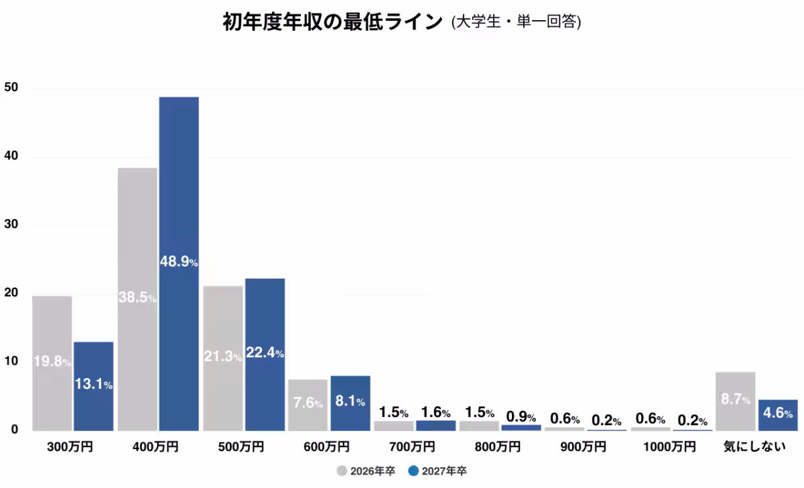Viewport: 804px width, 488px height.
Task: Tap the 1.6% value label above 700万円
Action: pyautogui.click(x=435, y=413)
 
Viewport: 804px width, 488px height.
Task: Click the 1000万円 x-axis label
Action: pyautogui.click(x=673, y=447)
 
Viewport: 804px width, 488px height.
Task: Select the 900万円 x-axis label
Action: pyautogui.click(x=584, y=447)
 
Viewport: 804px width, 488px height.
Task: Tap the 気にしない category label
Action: pyautogui.click(x=754, y=447)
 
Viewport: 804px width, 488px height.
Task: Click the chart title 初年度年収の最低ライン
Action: pyautogui.click(x=332, y=22)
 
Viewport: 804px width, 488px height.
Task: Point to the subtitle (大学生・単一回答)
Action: pyautogui.click(x=516, y=23)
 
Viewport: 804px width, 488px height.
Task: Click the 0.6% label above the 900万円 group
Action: pyautogui.click(x=565, y=419)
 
